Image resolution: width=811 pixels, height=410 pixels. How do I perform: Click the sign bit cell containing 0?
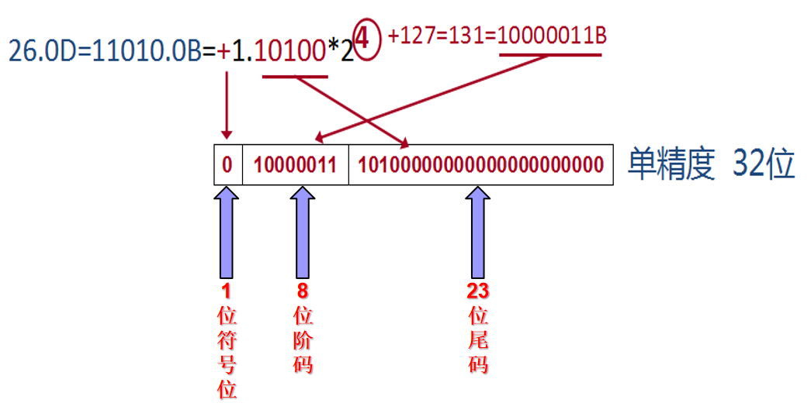coord(227,164)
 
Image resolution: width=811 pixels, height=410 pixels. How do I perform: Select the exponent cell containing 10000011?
coord(295,164)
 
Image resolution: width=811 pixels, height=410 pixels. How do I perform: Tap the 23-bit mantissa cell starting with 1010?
coord(480,164)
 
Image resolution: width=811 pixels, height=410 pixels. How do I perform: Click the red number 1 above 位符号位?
coord(227,291)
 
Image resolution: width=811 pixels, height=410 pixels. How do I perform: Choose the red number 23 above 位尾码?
coord(478,291)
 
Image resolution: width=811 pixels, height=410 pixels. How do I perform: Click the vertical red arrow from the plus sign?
coord(227,105)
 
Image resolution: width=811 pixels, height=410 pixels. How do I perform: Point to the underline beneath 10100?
coord(295,76)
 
